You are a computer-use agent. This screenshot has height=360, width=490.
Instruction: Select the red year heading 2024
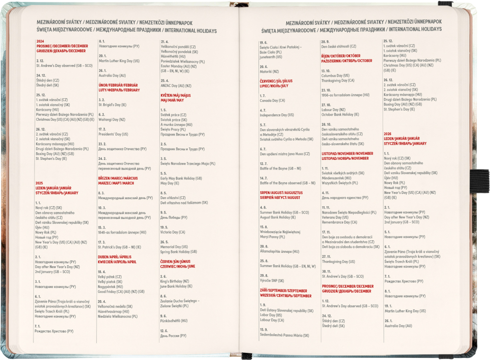point(40,41)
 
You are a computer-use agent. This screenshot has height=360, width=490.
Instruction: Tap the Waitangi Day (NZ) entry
point(111,120)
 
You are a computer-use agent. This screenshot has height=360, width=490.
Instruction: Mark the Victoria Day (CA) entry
point(172,232)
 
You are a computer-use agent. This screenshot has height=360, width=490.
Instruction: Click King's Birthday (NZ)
point(175,281)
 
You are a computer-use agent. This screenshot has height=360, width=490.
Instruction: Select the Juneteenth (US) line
point(271,56)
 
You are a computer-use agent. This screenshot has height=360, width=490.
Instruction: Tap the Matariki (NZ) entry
point(268,71)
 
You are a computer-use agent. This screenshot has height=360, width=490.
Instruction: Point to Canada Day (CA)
point(272,101)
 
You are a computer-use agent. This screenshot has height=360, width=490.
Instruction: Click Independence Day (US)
point(277,115)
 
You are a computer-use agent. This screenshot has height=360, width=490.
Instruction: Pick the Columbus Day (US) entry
point(335,76)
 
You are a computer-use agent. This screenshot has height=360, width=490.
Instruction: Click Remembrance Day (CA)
point(339,222)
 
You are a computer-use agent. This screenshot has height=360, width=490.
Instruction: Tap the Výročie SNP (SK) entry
point(272,281)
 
